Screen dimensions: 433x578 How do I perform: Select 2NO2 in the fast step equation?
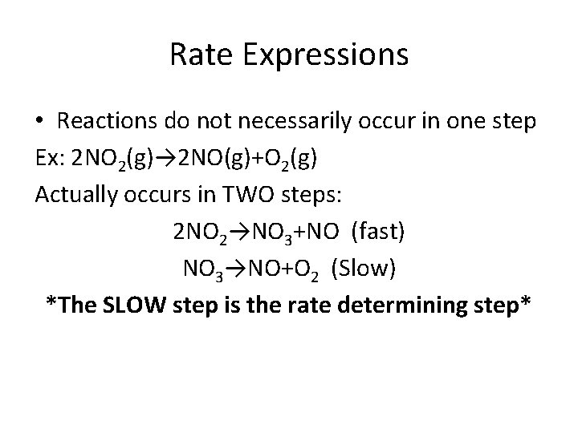(x=201, y=233)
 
